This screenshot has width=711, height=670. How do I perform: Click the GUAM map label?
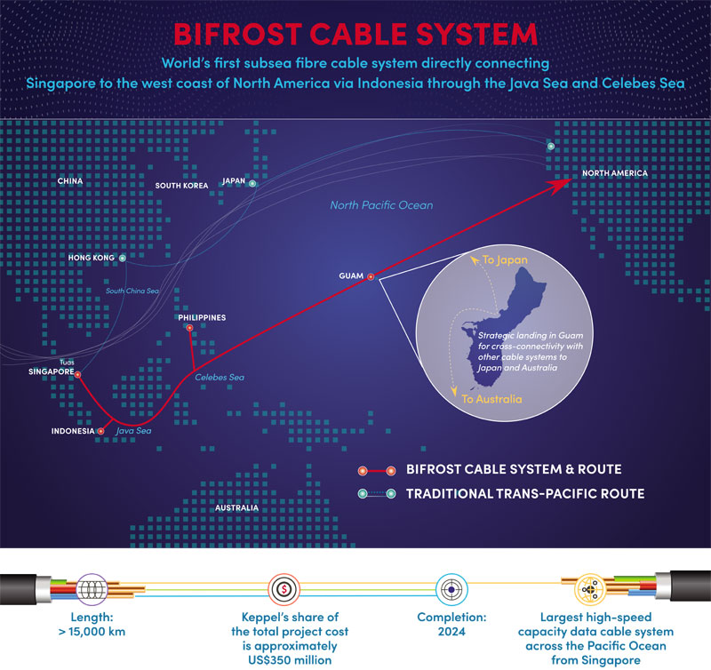352,275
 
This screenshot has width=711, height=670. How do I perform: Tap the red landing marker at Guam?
371,275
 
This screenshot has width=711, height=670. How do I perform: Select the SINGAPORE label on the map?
52,372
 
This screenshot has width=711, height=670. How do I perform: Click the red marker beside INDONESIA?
101,431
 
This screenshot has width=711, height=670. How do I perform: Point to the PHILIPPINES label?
202,316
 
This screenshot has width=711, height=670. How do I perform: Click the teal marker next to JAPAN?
253,184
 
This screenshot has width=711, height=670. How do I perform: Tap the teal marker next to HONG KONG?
123,259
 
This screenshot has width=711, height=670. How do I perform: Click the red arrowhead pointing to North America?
563,183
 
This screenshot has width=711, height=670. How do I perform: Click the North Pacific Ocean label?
381,205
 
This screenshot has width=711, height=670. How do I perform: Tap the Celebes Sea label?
220,378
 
